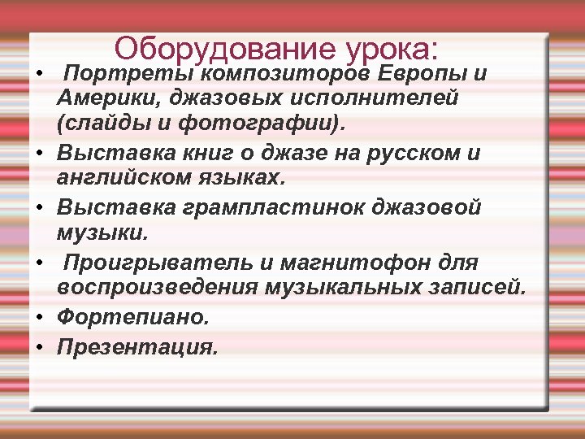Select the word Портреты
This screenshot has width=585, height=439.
pos(128,74)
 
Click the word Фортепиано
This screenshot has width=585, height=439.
pos(132,317)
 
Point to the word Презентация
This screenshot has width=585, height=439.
pos(137,347)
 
